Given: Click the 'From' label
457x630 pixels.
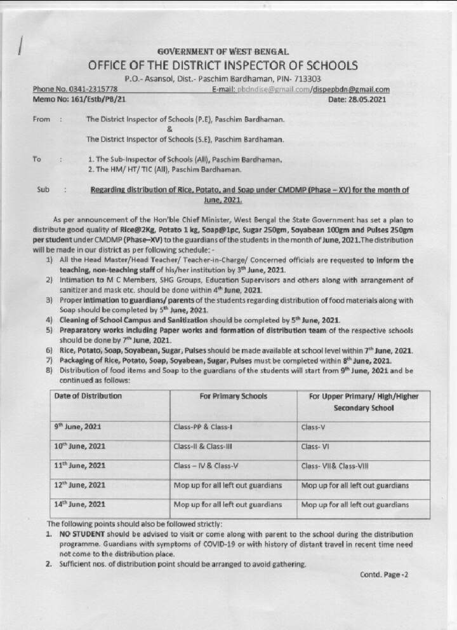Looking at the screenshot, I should click(x=41, y=119).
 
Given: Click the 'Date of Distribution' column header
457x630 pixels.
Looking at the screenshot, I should click(x=88, y=395).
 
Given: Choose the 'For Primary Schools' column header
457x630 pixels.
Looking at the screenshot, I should click(x=233, y=396).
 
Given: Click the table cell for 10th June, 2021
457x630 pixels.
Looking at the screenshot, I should click(x=79, y=446).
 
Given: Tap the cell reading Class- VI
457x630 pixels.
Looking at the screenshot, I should click(x=315, y=446).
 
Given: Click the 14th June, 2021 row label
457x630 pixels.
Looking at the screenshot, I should click(x=79, y=505).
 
